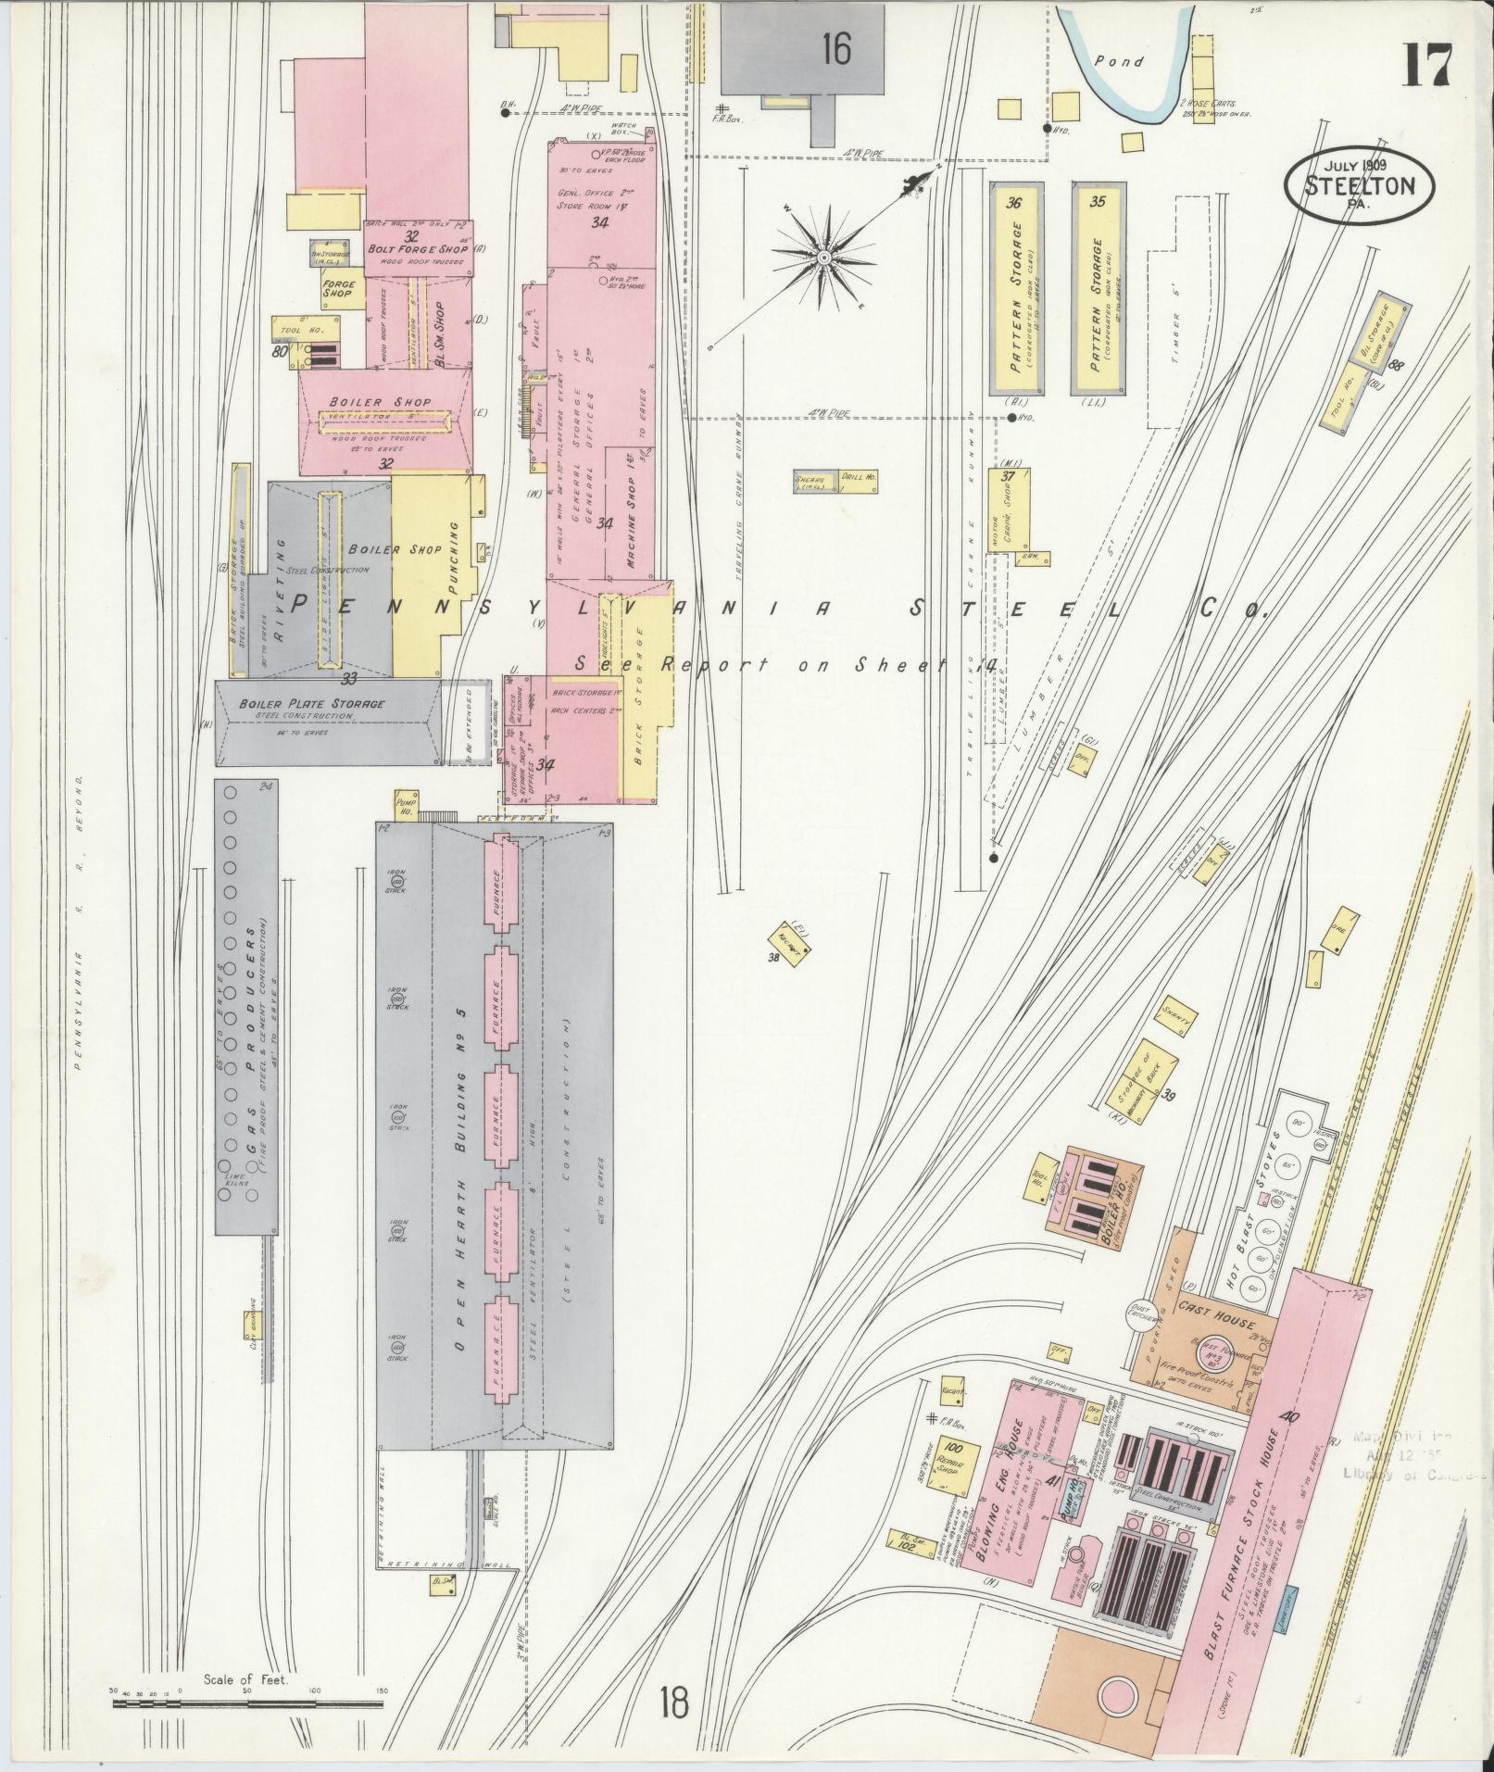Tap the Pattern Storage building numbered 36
(1017, 289)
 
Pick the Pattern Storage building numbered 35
(1099, 289)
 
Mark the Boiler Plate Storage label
(311, 704)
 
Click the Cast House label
(1216, 1313)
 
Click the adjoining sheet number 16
(835, 49)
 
